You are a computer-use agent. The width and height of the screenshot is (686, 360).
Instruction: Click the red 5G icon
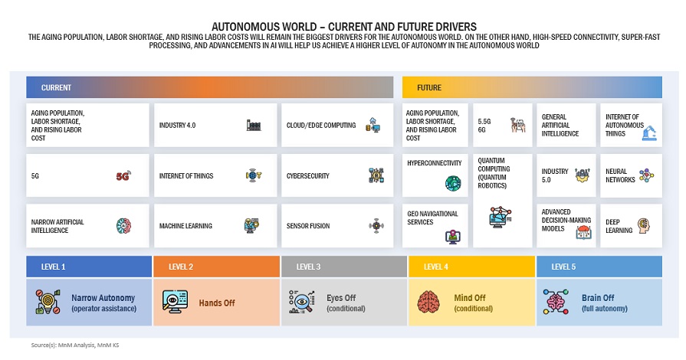click(x=123, y=176)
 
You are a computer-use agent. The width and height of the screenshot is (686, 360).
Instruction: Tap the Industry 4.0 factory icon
click(x=254, y=125)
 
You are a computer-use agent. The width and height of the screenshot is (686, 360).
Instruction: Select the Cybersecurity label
click(x=308, y=176)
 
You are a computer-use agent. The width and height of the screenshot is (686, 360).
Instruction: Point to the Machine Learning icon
click(x=252, y=226)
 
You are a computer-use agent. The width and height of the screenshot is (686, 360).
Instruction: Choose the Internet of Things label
click(x=186, y=176)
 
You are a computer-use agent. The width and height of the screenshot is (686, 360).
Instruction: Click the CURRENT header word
click(x=57, y=87)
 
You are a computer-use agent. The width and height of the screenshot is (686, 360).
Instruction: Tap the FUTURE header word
click(x=429, y=87)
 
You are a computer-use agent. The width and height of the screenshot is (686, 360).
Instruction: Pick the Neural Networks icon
click(x=645, y=175)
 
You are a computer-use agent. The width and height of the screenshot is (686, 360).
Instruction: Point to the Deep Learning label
click(x=619, y=226)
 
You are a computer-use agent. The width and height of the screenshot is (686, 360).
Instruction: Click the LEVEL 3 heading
click(x=309, y=267)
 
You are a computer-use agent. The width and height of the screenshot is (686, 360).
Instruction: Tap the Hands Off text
click(x=217, y=303)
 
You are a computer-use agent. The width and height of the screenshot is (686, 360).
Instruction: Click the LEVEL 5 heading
click(x=563, y=267)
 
